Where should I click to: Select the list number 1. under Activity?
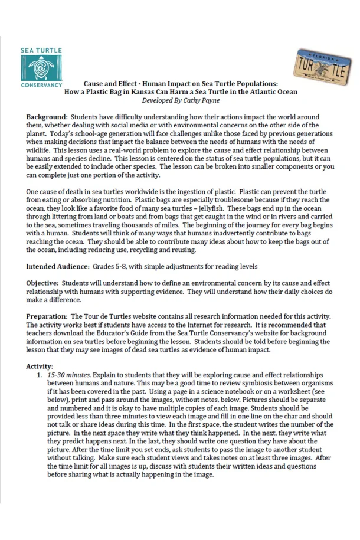coord(39,375)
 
